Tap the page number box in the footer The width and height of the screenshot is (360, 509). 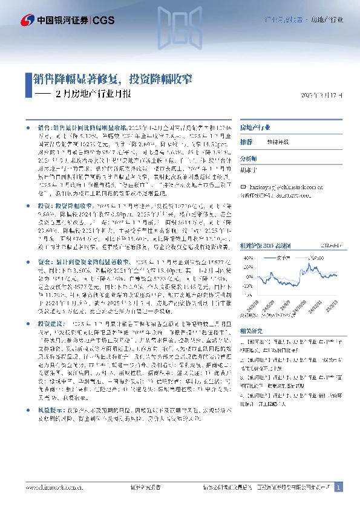[338, 487]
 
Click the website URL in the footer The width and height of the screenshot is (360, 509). [50, 487]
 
